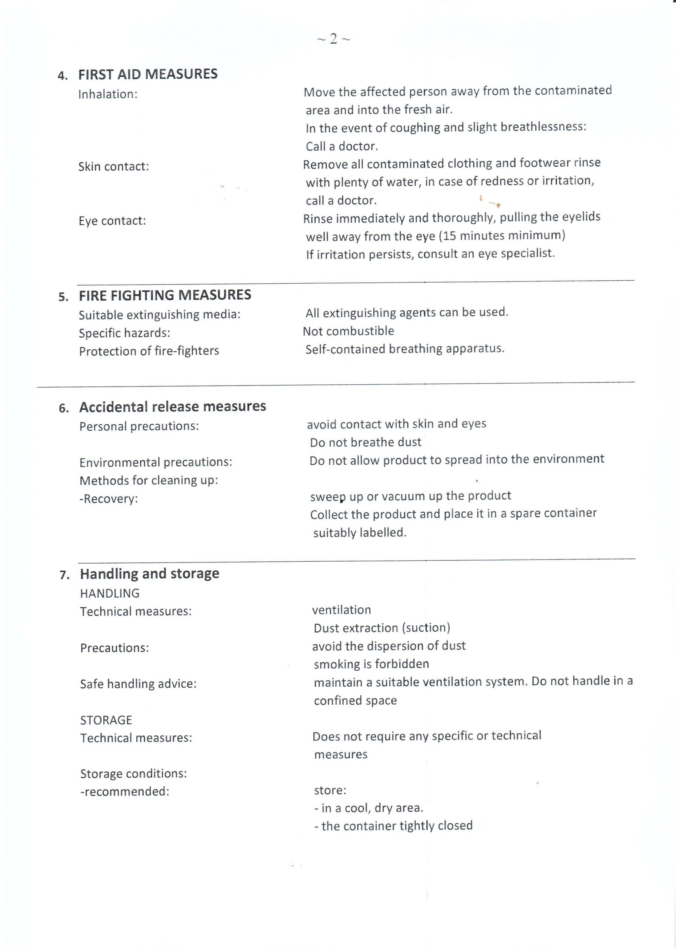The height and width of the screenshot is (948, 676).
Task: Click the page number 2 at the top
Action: click(x=333, y=39)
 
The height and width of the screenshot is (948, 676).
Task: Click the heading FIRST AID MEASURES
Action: click(x=148, y=74)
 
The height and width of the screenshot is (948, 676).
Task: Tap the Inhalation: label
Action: click(x=108, y=94)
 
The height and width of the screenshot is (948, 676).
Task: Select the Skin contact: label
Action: click(x=114, y=167)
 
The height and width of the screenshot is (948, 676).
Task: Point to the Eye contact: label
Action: click(x=112, y=221)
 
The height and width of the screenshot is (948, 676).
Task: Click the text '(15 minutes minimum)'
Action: click(x=502, y=236)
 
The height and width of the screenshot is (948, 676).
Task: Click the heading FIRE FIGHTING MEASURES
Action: click(x=165, y=295)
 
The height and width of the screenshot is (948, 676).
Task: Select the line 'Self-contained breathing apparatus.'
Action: click(x=404, y=349)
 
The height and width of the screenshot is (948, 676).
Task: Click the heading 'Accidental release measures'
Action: click(x=172, y=407)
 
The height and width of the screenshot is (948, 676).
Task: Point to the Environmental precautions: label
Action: click(x=156, y=463)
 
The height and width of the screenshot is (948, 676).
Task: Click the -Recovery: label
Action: click(x=109, y=498)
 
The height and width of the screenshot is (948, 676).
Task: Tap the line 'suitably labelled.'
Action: click(x=360, y=533)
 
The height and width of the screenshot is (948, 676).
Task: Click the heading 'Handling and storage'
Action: click(x=149, y=574)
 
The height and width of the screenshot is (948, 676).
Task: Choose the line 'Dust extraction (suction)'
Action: click(x=382, y=628)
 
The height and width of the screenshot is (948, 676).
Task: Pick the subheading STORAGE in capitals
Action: click(x=106, y=720)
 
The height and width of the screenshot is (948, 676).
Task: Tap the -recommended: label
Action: click(x=125, y=791)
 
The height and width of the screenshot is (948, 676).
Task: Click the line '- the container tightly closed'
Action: click(x=393, y=826)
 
